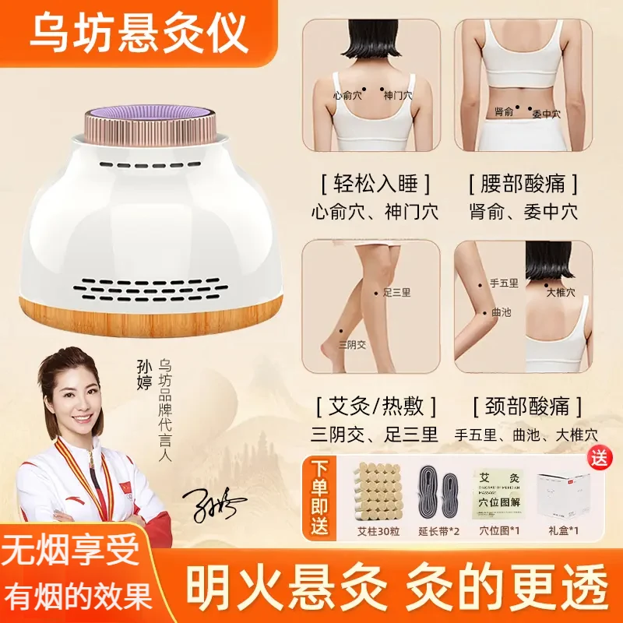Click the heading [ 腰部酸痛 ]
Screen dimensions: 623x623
(x=523, y=185)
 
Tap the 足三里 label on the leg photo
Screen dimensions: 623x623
(x=396, y=294)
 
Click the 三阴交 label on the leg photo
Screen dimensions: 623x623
(x=352, y=343)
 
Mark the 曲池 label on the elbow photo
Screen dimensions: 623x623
(x=500, y=313)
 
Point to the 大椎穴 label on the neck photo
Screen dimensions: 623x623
(x=560, y=293)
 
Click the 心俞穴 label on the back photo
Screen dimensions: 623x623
(x=347, y=96)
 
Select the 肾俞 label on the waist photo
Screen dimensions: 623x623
(x=503, y=112)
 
